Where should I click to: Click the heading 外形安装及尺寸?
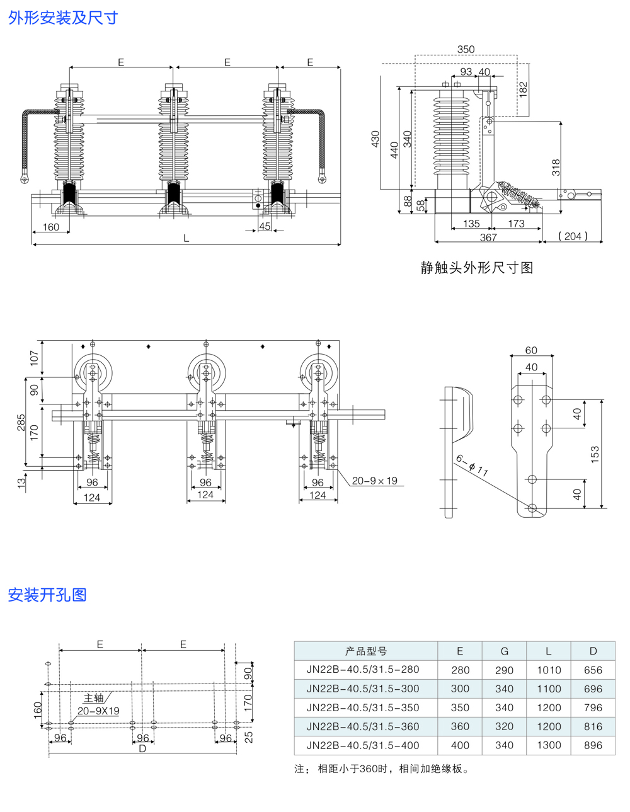(63, 18)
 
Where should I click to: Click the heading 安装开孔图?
(47, 595)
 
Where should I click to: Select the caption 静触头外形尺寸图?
(477, 268)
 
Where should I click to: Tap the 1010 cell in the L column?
(548, 670)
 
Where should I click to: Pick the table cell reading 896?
(593, 745)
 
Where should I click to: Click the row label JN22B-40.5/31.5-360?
(363, 726)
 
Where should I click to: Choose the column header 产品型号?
(366, 651)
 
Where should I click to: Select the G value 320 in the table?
(504, 726)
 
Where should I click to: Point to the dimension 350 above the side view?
(466, 50)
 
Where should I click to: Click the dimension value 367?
(488, 237)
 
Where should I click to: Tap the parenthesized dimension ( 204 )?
(573, 236)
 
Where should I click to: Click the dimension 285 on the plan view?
(21, 422)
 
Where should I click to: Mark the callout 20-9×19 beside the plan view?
(374, 481)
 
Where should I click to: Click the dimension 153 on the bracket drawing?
(595, 454)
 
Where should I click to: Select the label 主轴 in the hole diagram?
(93, 698)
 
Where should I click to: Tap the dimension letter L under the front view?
(186, 239)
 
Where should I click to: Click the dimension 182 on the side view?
(524, 89)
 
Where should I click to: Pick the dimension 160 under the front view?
(51, 227)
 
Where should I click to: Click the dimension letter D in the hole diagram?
(142, 748)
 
